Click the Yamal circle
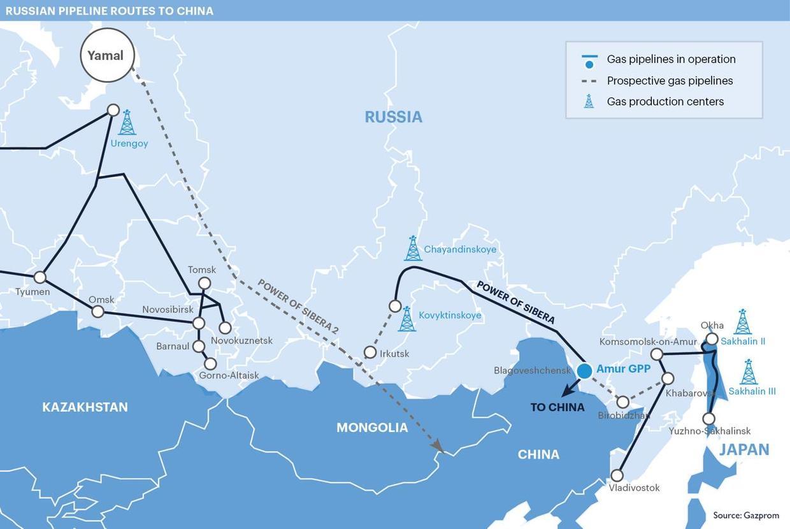(107, 55)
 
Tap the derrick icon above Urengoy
(127, 122)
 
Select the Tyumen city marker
(40, 277)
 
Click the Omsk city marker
(97, 311)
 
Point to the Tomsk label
(202, 270)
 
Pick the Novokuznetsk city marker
(225, 328)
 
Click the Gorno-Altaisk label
(229, 375)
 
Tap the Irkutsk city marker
(370, 352)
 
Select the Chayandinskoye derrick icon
(413, 249)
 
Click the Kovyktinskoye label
(450, 315)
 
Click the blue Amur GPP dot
(584, 370)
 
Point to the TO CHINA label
(557, 407)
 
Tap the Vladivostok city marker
(617, 475)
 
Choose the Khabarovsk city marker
(668, 379)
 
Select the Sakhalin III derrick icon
(749, 372)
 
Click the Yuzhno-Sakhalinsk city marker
(708, 419)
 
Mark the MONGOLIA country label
(372, 428)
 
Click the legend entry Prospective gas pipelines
(670, 81)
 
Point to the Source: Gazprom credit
(745, 515)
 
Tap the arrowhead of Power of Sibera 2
(438, 448)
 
